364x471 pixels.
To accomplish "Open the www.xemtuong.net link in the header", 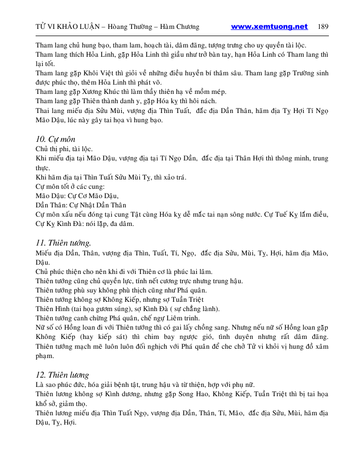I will coord(269,27).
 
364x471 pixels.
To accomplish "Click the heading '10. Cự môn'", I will coord(53,139).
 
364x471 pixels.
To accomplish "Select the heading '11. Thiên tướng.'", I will coord(64,242).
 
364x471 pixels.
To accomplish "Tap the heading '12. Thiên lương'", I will coord(62,375).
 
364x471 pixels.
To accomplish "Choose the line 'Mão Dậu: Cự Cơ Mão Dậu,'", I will coord(77,196).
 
